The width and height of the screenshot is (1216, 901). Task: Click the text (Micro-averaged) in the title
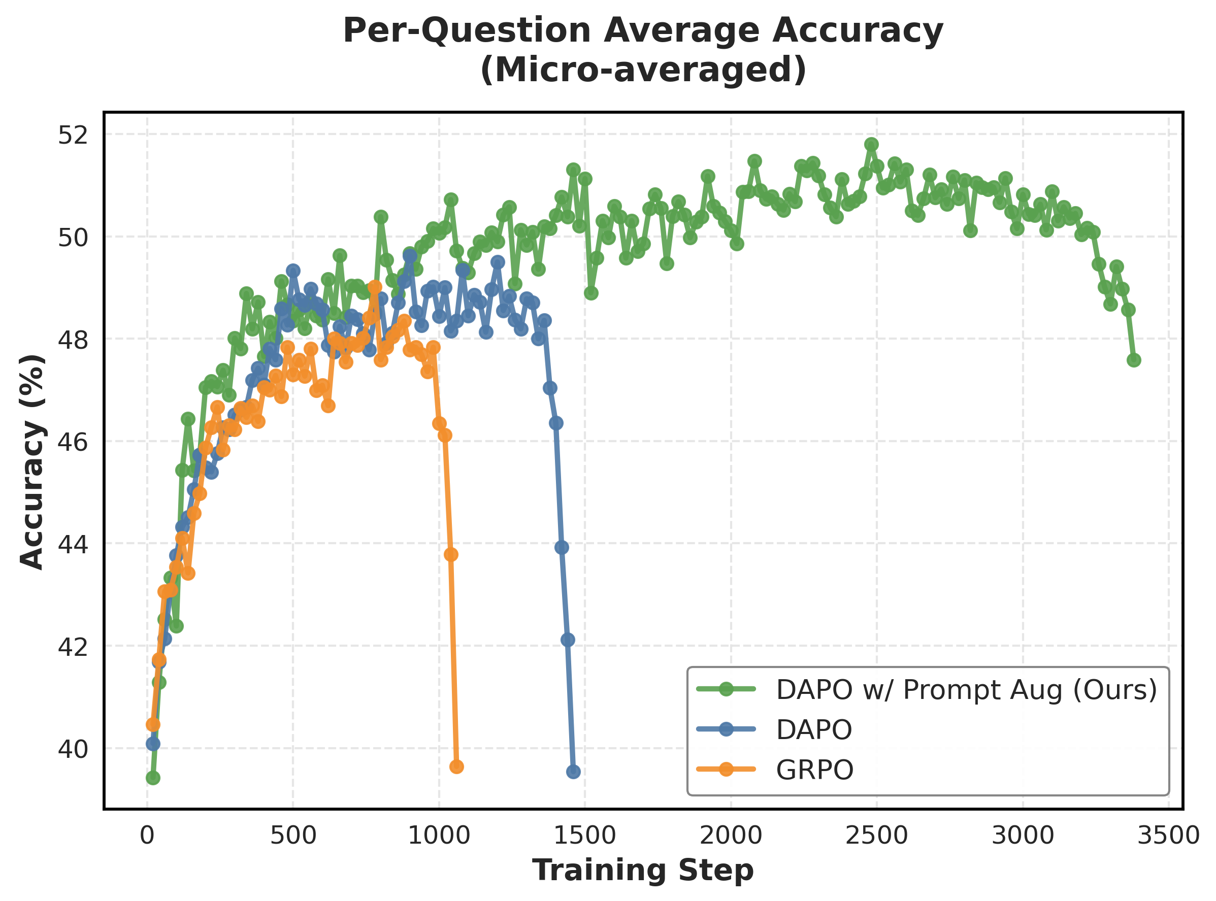(x=643, y=71)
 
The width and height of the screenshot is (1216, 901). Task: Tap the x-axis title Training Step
(x=643, y=870)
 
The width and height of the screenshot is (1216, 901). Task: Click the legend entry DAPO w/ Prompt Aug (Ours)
(x=966, y=690)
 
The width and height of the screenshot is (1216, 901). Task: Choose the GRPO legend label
(x=814, y=770)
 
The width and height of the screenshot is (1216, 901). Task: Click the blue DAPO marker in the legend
(x=726, y=730)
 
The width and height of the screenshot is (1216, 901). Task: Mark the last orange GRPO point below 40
(x=456, y=767)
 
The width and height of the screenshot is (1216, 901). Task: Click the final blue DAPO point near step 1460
(x=573, y=772)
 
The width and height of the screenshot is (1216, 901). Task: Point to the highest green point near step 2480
(x=871, y=145)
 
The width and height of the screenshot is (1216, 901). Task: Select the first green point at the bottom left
(x=153, y=778)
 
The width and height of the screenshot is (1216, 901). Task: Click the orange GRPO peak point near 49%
(x=375, y=287)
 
